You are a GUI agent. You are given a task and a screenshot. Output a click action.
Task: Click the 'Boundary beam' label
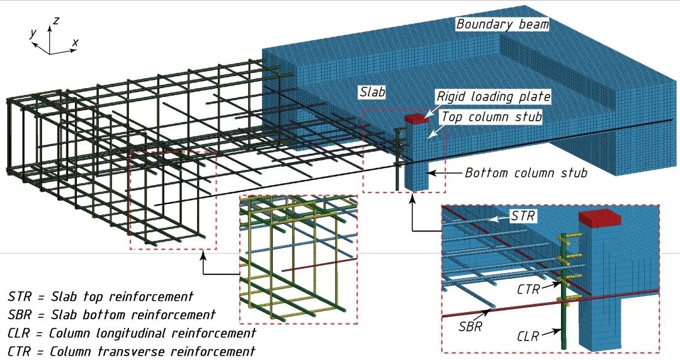pyautogui.click(x=502, y=25)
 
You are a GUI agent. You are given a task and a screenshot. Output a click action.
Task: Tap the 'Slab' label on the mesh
pyautogui.click(x=371, y=92)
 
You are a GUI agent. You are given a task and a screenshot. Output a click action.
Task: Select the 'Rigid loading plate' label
pyautogui.click(x=494, y=97)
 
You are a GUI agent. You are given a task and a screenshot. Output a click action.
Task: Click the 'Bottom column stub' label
pyautogui.click(x=526, y=172)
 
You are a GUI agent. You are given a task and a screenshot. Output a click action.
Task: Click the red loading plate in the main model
pyautogui.click(x=416, y=118)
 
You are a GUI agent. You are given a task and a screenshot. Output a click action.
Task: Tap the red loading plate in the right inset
pyautogui.click(x=599, y=218)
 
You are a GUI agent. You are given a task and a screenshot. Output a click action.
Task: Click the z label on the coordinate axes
pyautogui.click(x=56, y=20)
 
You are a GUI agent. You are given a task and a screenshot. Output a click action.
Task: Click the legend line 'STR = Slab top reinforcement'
pyautogui.click(x=101, y=296)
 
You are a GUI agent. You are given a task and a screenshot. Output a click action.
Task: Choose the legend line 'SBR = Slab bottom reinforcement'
pyautogui.click(x=111, y=314)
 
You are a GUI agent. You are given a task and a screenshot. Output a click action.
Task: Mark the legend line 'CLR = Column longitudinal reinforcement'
pyautogui.click(x=132, y=332)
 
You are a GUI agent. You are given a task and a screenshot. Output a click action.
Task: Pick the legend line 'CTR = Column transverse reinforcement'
pyautogui.click(x=131, y=351)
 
